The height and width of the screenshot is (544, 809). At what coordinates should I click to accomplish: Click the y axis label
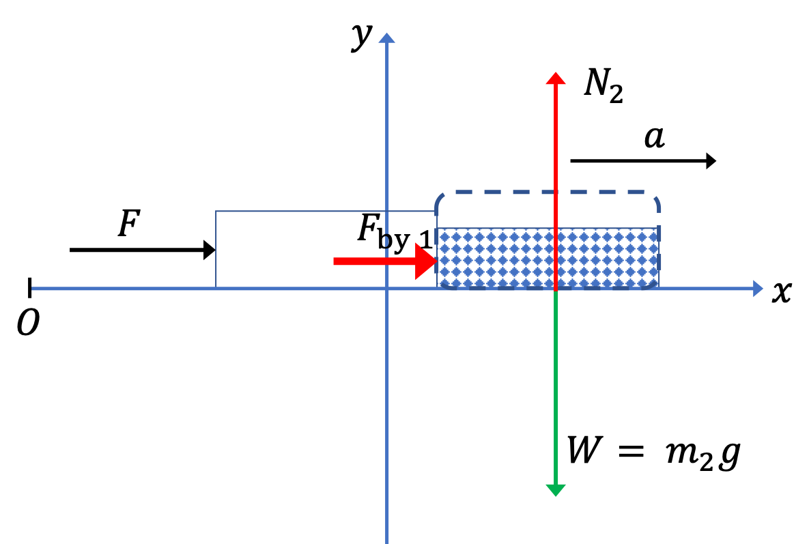(x=362, y=36)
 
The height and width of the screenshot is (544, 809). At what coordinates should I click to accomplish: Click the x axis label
(x=782, y=292)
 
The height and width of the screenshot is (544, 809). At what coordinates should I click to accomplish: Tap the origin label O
(x=28, y=324)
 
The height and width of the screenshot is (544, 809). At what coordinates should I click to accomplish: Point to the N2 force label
(x=603, y=85)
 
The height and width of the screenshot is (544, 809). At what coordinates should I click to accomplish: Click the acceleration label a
(x=655, y=138)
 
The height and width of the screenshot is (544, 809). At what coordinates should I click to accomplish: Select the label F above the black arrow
(x=129, y=224)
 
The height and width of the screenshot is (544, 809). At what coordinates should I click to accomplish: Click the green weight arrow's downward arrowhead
(x=555, y=490)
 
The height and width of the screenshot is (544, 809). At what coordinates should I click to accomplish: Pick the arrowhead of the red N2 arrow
(x=556, y=78)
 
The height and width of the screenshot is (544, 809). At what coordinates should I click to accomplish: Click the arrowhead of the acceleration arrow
(x=711, y=161)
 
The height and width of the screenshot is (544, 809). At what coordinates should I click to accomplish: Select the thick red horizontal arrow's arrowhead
(x=426, y=261)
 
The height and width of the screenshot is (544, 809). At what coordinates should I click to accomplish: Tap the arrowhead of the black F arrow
(x=210, y=250)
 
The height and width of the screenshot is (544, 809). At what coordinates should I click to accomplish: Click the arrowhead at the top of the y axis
(x=386, y=38)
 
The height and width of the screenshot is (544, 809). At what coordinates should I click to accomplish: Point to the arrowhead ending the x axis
(x=757, y=288)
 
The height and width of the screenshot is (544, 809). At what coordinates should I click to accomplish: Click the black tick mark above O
(x=30, y=288)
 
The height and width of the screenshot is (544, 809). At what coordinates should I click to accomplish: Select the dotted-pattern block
(x=548, y=257)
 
